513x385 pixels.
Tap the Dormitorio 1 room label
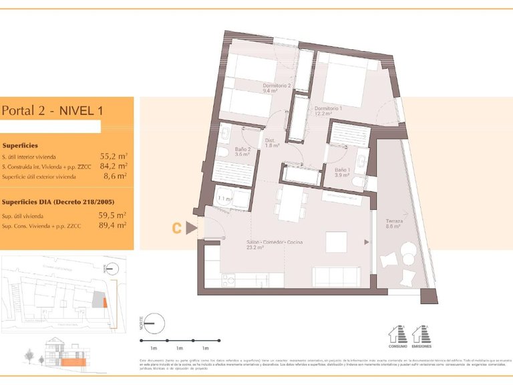(328, 110)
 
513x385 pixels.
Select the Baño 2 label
(242, 152)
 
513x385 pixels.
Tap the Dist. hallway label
(271, 143)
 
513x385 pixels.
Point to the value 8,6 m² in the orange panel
(116, 178)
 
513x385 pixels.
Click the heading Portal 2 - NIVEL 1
(52, 110)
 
